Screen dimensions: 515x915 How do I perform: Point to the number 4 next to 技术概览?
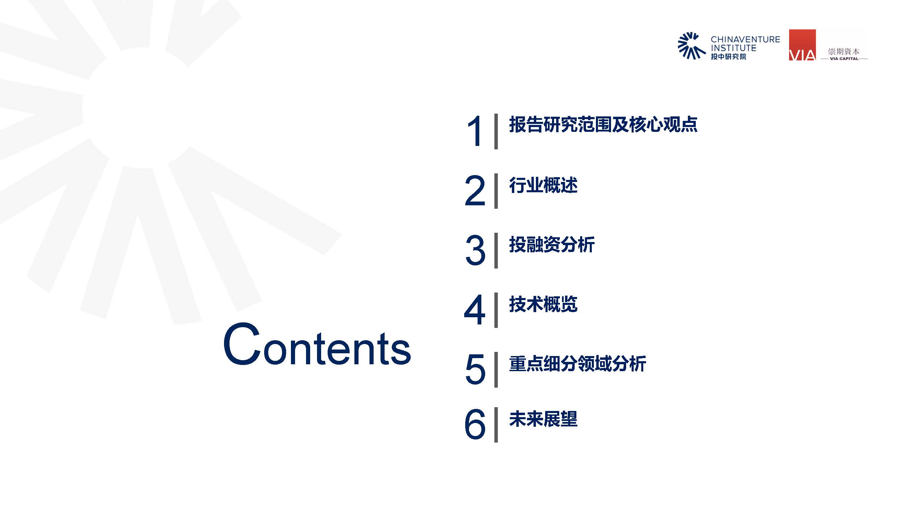(x=474, y=310)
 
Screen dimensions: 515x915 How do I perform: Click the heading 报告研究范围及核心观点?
(x=603, y=124)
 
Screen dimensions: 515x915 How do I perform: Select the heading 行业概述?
(x=543, y=185)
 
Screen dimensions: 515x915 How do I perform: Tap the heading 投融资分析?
(x=552, y=244)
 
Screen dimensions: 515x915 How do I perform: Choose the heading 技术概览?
(x=543, y=304)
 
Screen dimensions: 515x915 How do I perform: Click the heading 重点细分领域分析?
(x=577, y=364)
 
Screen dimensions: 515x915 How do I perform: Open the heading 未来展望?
(x=543, y=419)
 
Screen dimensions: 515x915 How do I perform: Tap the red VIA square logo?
(x=802, y=45)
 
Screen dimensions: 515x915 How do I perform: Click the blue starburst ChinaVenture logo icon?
(x=691, y=46)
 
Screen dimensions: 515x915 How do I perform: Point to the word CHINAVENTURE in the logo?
(x=745, y=39)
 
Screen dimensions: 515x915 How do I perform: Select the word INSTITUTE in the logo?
(x=734, y=48)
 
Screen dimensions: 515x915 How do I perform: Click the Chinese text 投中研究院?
(x=728, y=57)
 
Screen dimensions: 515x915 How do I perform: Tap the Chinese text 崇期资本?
(x=844, y=51)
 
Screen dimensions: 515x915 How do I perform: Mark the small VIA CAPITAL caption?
(x=844, y=59)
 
